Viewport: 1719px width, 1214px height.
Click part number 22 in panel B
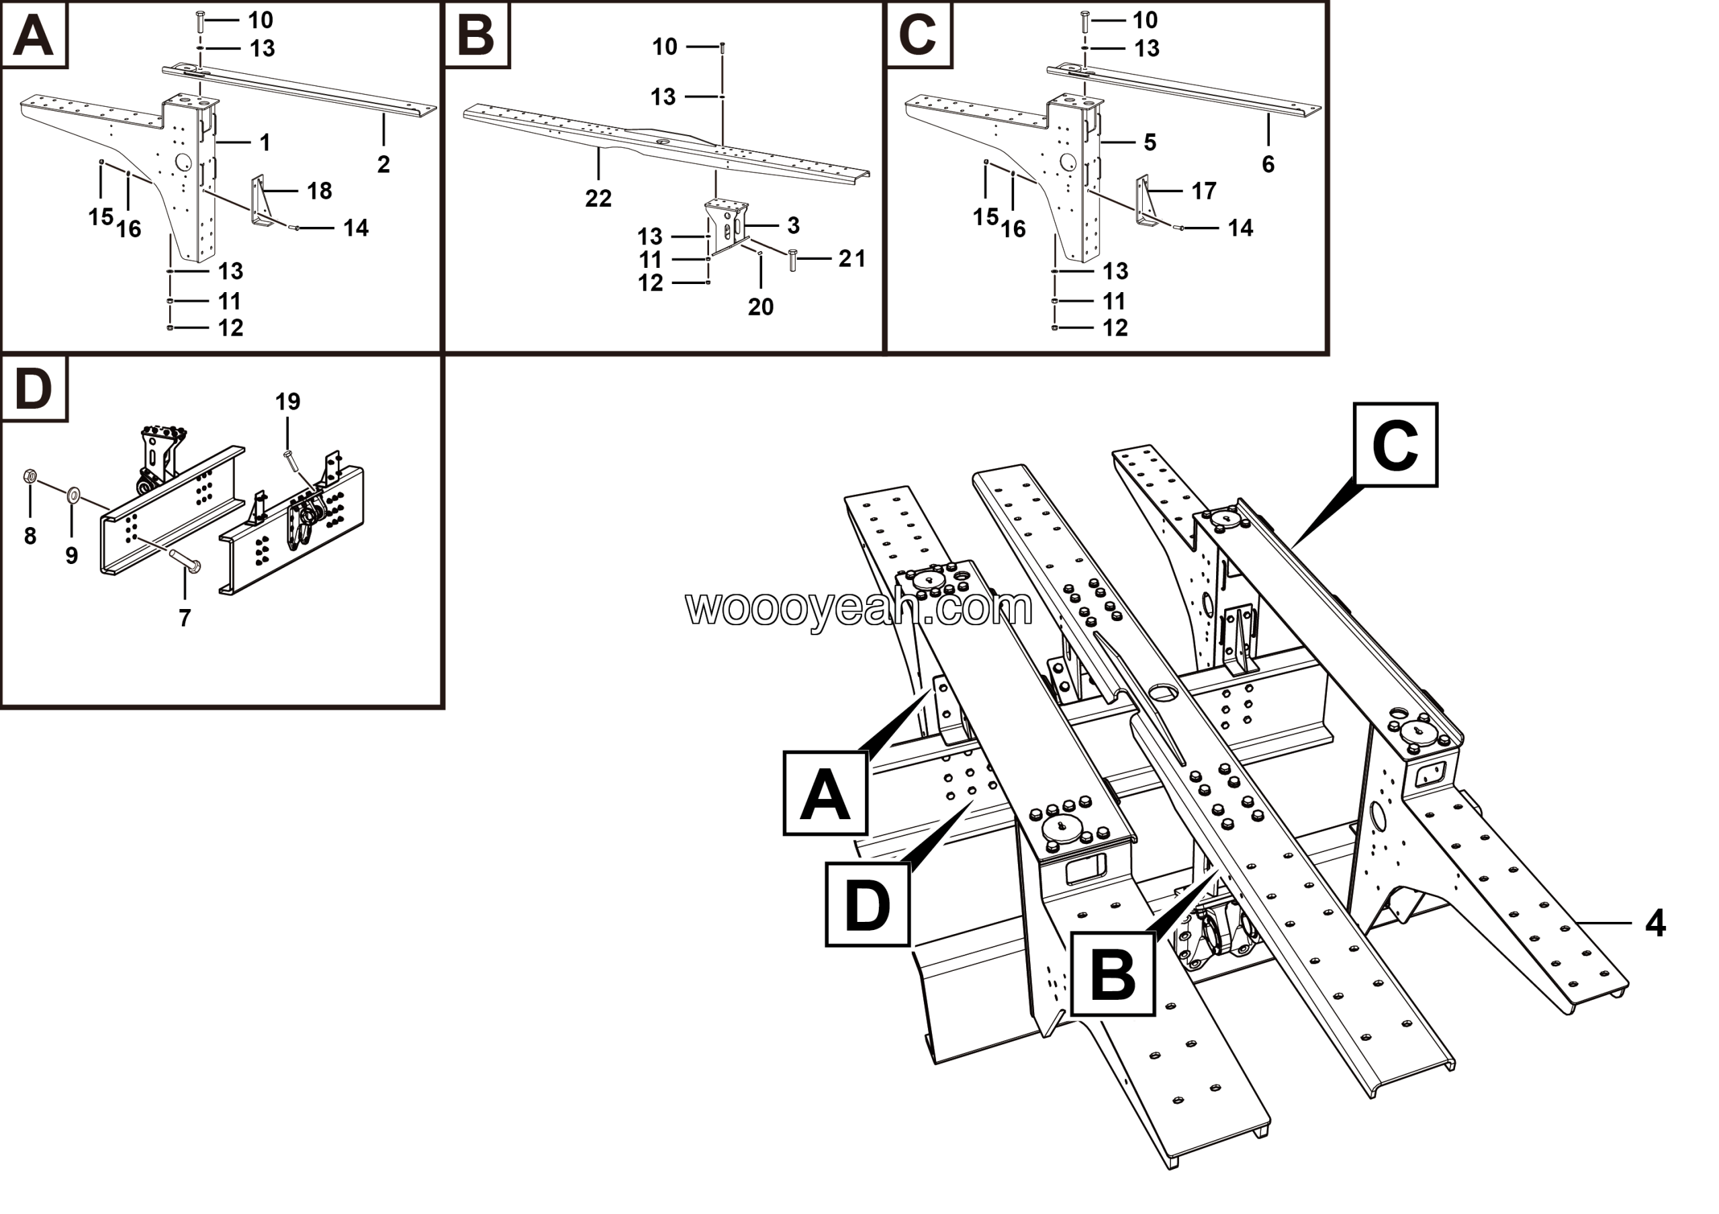click(598, 198)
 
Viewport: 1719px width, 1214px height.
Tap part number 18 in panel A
click(320, 191)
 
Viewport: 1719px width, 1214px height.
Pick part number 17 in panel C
click(1204, 191)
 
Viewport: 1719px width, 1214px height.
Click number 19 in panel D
click(287, 402)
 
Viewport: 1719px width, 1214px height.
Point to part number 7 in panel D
click(185, 618)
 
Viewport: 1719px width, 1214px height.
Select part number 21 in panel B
click(852, 259)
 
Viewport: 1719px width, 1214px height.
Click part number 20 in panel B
click(761, 306)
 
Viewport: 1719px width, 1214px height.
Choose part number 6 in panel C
click(1268, 164)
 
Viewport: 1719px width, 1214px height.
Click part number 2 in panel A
click(383, 164)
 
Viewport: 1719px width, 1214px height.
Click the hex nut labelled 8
click(30, 475)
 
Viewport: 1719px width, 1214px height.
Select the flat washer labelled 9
click(73, 494)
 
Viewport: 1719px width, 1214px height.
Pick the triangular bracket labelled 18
click(259, 201)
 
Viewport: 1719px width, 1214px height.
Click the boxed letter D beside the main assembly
click(867, 904)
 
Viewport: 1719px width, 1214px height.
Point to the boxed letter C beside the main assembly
click(1395, 445)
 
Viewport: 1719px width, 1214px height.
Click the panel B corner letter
click(477, 34)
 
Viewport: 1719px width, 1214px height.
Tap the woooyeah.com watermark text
click(859, 607)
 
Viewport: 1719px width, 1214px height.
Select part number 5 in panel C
click(1150, 142)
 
